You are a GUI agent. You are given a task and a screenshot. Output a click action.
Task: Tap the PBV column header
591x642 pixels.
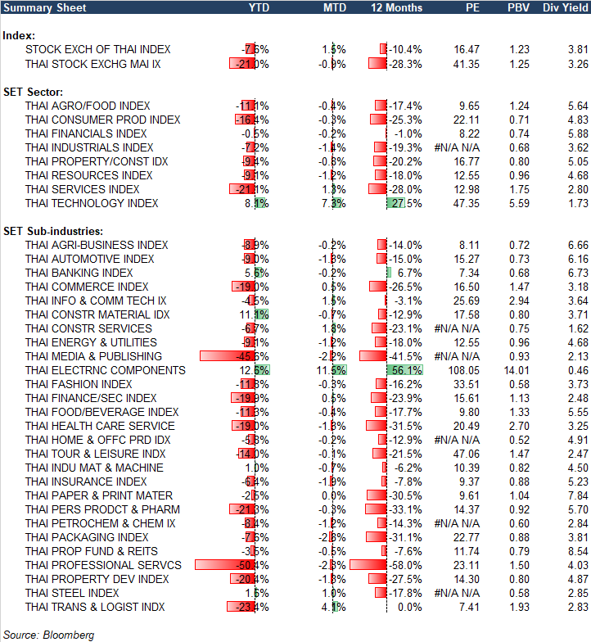[x=518, y=7]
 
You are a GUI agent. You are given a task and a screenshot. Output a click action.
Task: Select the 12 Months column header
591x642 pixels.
[x=396, y=7]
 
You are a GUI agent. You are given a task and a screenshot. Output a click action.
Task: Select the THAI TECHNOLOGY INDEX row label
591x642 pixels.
[x=92, y=203]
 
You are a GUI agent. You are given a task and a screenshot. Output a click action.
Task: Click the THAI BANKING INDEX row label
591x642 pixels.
[x=79, y=273]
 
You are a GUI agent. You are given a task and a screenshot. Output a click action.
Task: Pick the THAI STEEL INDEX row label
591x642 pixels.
[x=72, y=593]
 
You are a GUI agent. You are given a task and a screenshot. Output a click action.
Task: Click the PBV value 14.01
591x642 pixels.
[x=517, y=370]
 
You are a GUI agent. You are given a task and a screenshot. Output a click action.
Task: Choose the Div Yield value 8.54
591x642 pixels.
[x=577, y=551]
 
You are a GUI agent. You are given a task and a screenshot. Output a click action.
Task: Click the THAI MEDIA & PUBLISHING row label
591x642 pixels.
[x=94, y=356]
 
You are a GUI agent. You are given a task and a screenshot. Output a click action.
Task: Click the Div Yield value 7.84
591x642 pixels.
[x=577, y=495]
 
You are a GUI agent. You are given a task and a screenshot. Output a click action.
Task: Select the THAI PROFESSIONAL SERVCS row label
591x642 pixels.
[x=103, y=565]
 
